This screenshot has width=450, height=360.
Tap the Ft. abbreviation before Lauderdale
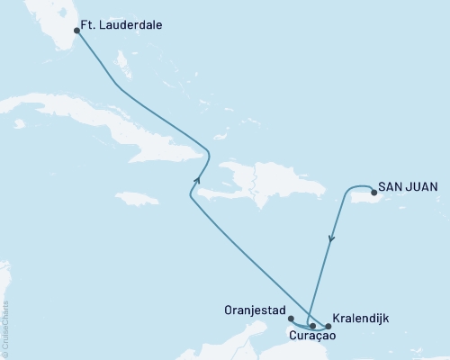click(x=93, y=26)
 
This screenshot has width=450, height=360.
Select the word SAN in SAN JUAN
click(x=390, y=186)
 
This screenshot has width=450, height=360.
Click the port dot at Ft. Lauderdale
click(x=76, y=30)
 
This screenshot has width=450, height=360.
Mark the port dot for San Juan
click(x=373, y=191)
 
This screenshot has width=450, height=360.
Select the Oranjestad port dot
click(x=290, y=318)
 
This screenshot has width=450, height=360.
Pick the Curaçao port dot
click(x=312, y=326)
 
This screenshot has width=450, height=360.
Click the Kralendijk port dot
click(x=328, y=326)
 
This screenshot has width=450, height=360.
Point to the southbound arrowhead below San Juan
click(x=332, y=238)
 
